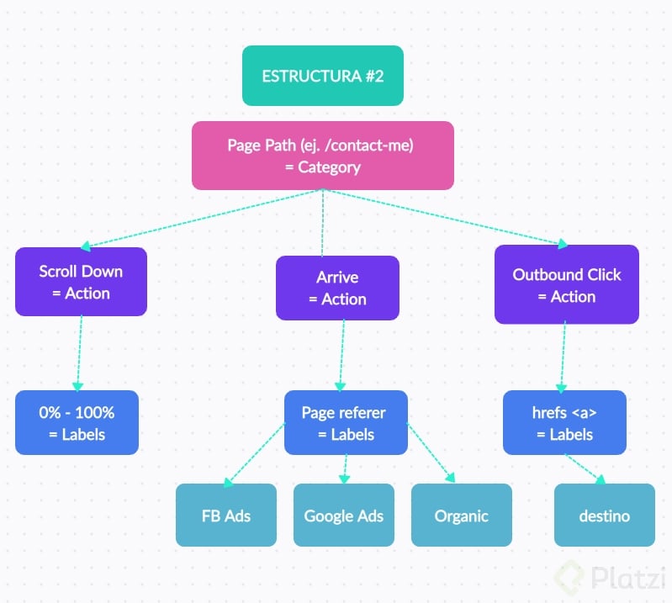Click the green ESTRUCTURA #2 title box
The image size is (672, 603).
pos(323,76)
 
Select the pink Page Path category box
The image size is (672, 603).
pos(323,156)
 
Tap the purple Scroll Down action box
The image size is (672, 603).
pos(81,282)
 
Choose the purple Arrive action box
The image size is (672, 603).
pos(337,288)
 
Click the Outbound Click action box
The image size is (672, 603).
pos(566,285)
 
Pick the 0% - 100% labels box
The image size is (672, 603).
pos(77,423)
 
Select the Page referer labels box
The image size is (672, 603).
pos(346,423)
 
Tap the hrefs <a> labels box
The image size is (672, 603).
pos(564,423)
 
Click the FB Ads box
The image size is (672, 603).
pos(225,515)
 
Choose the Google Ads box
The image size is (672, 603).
pos(343,515)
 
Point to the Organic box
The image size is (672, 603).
pos(461,515)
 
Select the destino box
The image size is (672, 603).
pos(604,515)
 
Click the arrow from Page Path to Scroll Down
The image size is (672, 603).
pos(202,219)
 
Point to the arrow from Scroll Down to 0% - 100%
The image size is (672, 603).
pos(80,353)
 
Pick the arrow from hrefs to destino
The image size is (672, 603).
pos(585,468)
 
